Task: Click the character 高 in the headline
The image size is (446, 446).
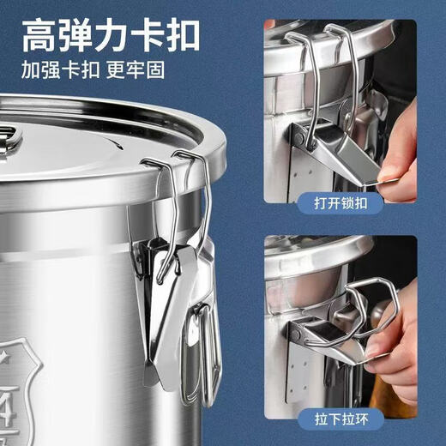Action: [41, 35]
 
